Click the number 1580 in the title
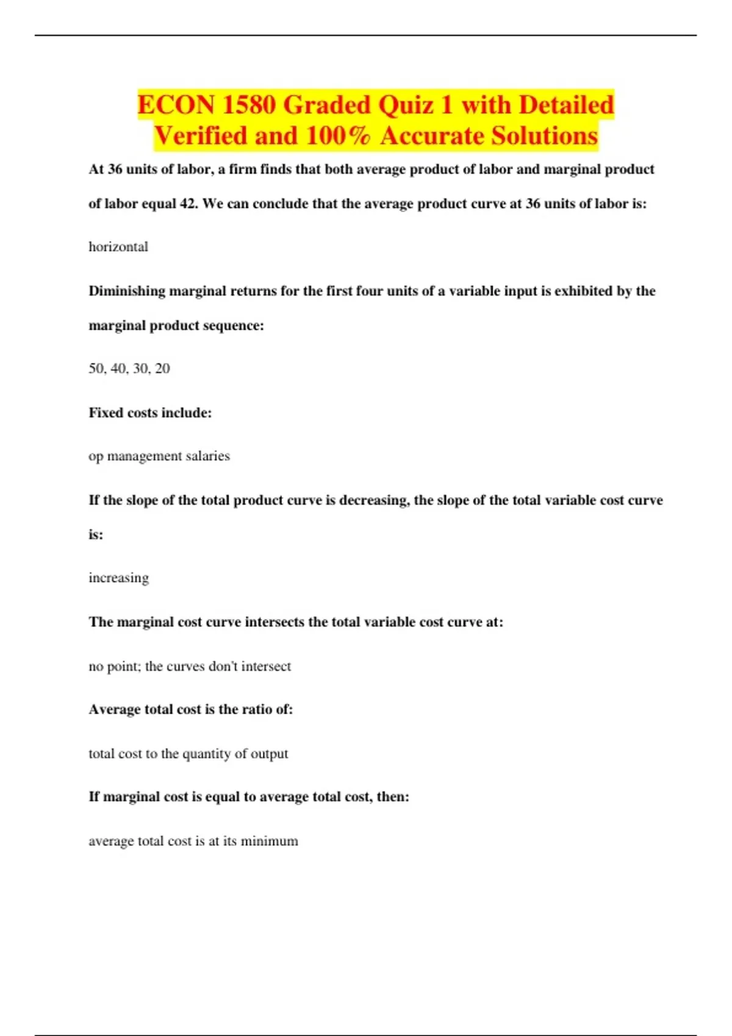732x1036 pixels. [249, 105]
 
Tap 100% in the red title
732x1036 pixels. [338, 136]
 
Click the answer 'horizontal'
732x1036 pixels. [118, 247]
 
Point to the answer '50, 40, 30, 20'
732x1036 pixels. [129, 368]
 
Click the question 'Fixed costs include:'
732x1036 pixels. [150, 413]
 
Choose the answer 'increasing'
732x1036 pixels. [118, 578]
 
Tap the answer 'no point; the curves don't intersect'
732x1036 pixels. [190, 666]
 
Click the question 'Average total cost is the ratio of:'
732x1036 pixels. [191, 709]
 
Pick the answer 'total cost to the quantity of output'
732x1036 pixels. [188, 754]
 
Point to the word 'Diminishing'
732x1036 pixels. [127, 291]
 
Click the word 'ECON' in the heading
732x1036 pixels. [176, 105]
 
